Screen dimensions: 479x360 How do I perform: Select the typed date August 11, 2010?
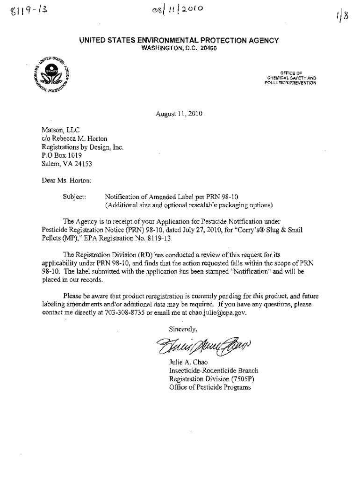coord(179,114)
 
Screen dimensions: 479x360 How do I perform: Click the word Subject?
coord(74,196)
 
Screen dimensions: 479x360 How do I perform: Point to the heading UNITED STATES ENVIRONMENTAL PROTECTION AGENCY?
coord(179,41)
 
